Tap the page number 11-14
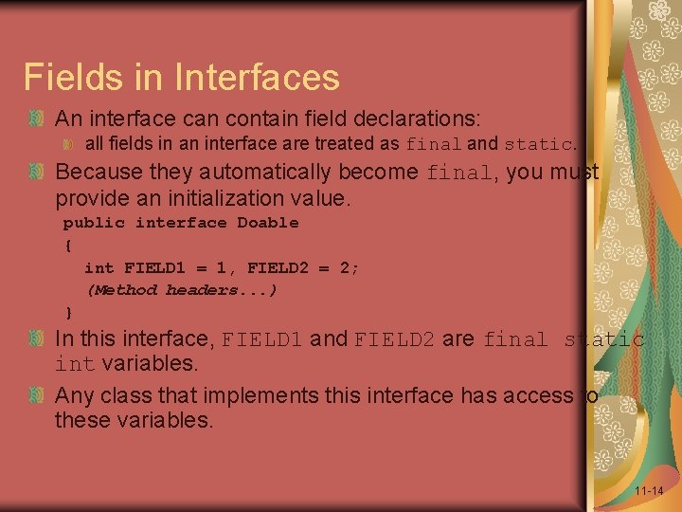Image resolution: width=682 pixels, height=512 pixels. click(x=649, y=490)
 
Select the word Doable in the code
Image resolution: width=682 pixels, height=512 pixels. click(x=267, y=223)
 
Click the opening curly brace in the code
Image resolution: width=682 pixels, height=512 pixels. click(x=67, y=246)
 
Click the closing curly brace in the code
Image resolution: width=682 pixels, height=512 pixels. click(x=67, y=312)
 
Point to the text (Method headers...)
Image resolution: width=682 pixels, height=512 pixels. click(x=182, y=290)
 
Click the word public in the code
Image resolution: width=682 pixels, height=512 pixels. click(x=94, y=223)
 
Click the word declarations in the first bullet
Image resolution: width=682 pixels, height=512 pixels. click(x=417, y=119)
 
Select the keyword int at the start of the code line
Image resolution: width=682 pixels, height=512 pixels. click(x=99, y=268)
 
